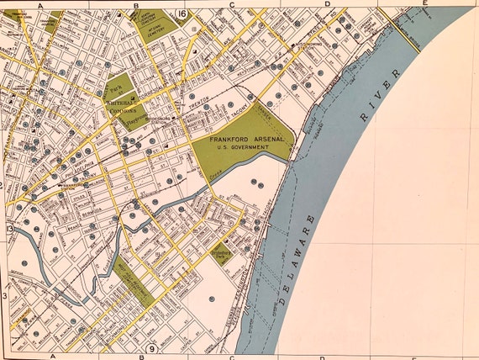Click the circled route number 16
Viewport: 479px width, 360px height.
coord(182,13)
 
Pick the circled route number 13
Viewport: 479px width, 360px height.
coord(10,230)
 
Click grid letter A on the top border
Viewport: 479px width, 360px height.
coord(39,4)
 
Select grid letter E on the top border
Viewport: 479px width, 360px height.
coord(425,4)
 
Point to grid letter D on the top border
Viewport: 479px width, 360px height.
coord(325,4)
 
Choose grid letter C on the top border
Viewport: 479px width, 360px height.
coord(231,4)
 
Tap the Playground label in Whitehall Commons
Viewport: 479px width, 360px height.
coord(129,120)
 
